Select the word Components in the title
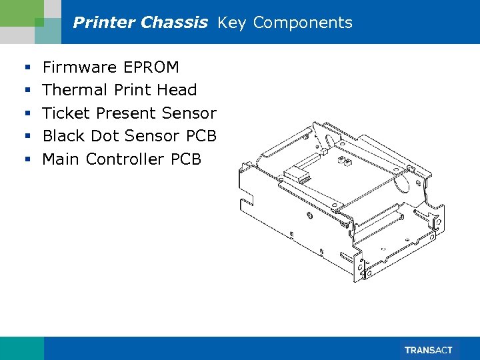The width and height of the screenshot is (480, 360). (x=303, y=23)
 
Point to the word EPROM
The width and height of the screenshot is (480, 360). (x=152, y=67)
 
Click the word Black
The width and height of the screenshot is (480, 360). (x=65, y=136)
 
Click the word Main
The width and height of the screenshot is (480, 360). (x=62, y=159)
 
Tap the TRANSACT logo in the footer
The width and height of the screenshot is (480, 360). (x=429, y=350)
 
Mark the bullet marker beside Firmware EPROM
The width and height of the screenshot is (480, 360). (x=27, y=68)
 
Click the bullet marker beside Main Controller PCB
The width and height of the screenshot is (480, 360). (x=27, y=160)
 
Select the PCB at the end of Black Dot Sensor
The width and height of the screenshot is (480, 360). (x=201, y=136)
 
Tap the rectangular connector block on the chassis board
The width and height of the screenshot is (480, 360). (x=296, y=176)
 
